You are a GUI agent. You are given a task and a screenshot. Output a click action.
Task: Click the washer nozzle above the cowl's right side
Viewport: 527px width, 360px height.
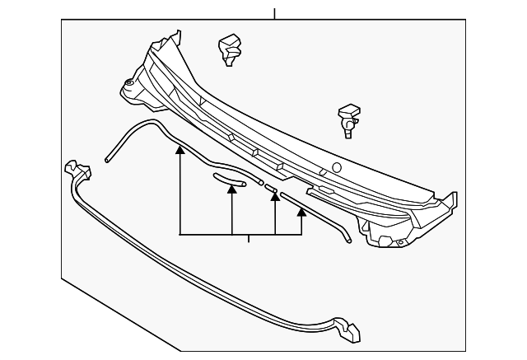[x=350, y=119]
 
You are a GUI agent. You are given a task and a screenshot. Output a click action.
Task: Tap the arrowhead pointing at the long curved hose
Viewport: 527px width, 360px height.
[x=180, y=151]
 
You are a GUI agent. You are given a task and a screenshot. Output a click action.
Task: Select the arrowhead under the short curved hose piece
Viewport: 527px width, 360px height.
[x=232, y=189]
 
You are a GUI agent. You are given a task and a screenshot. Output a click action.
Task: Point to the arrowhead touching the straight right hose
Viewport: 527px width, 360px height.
[x=301, y=212]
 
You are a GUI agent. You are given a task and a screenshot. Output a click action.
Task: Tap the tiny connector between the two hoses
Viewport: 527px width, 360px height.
[x=269, y=188]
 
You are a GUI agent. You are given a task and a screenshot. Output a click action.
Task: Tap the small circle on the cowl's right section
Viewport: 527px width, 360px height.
[x=336, y=168]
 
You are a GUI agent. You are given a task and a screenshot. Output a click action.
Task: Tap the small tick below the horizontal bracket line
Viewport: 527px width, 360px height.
[x=249, y=239]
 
